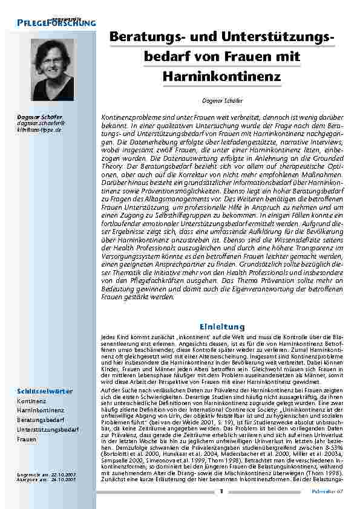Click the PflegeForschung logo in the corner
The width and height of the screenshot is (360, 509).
pos(56,21)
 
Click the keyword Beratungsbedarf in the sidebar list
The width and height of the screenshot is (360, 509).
pos(41,419)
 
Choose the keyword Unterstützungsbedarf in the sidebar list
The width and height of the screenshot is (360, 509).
pos(48,429)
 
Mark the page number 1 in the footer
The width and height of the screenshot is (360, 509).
pos(221,491)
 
